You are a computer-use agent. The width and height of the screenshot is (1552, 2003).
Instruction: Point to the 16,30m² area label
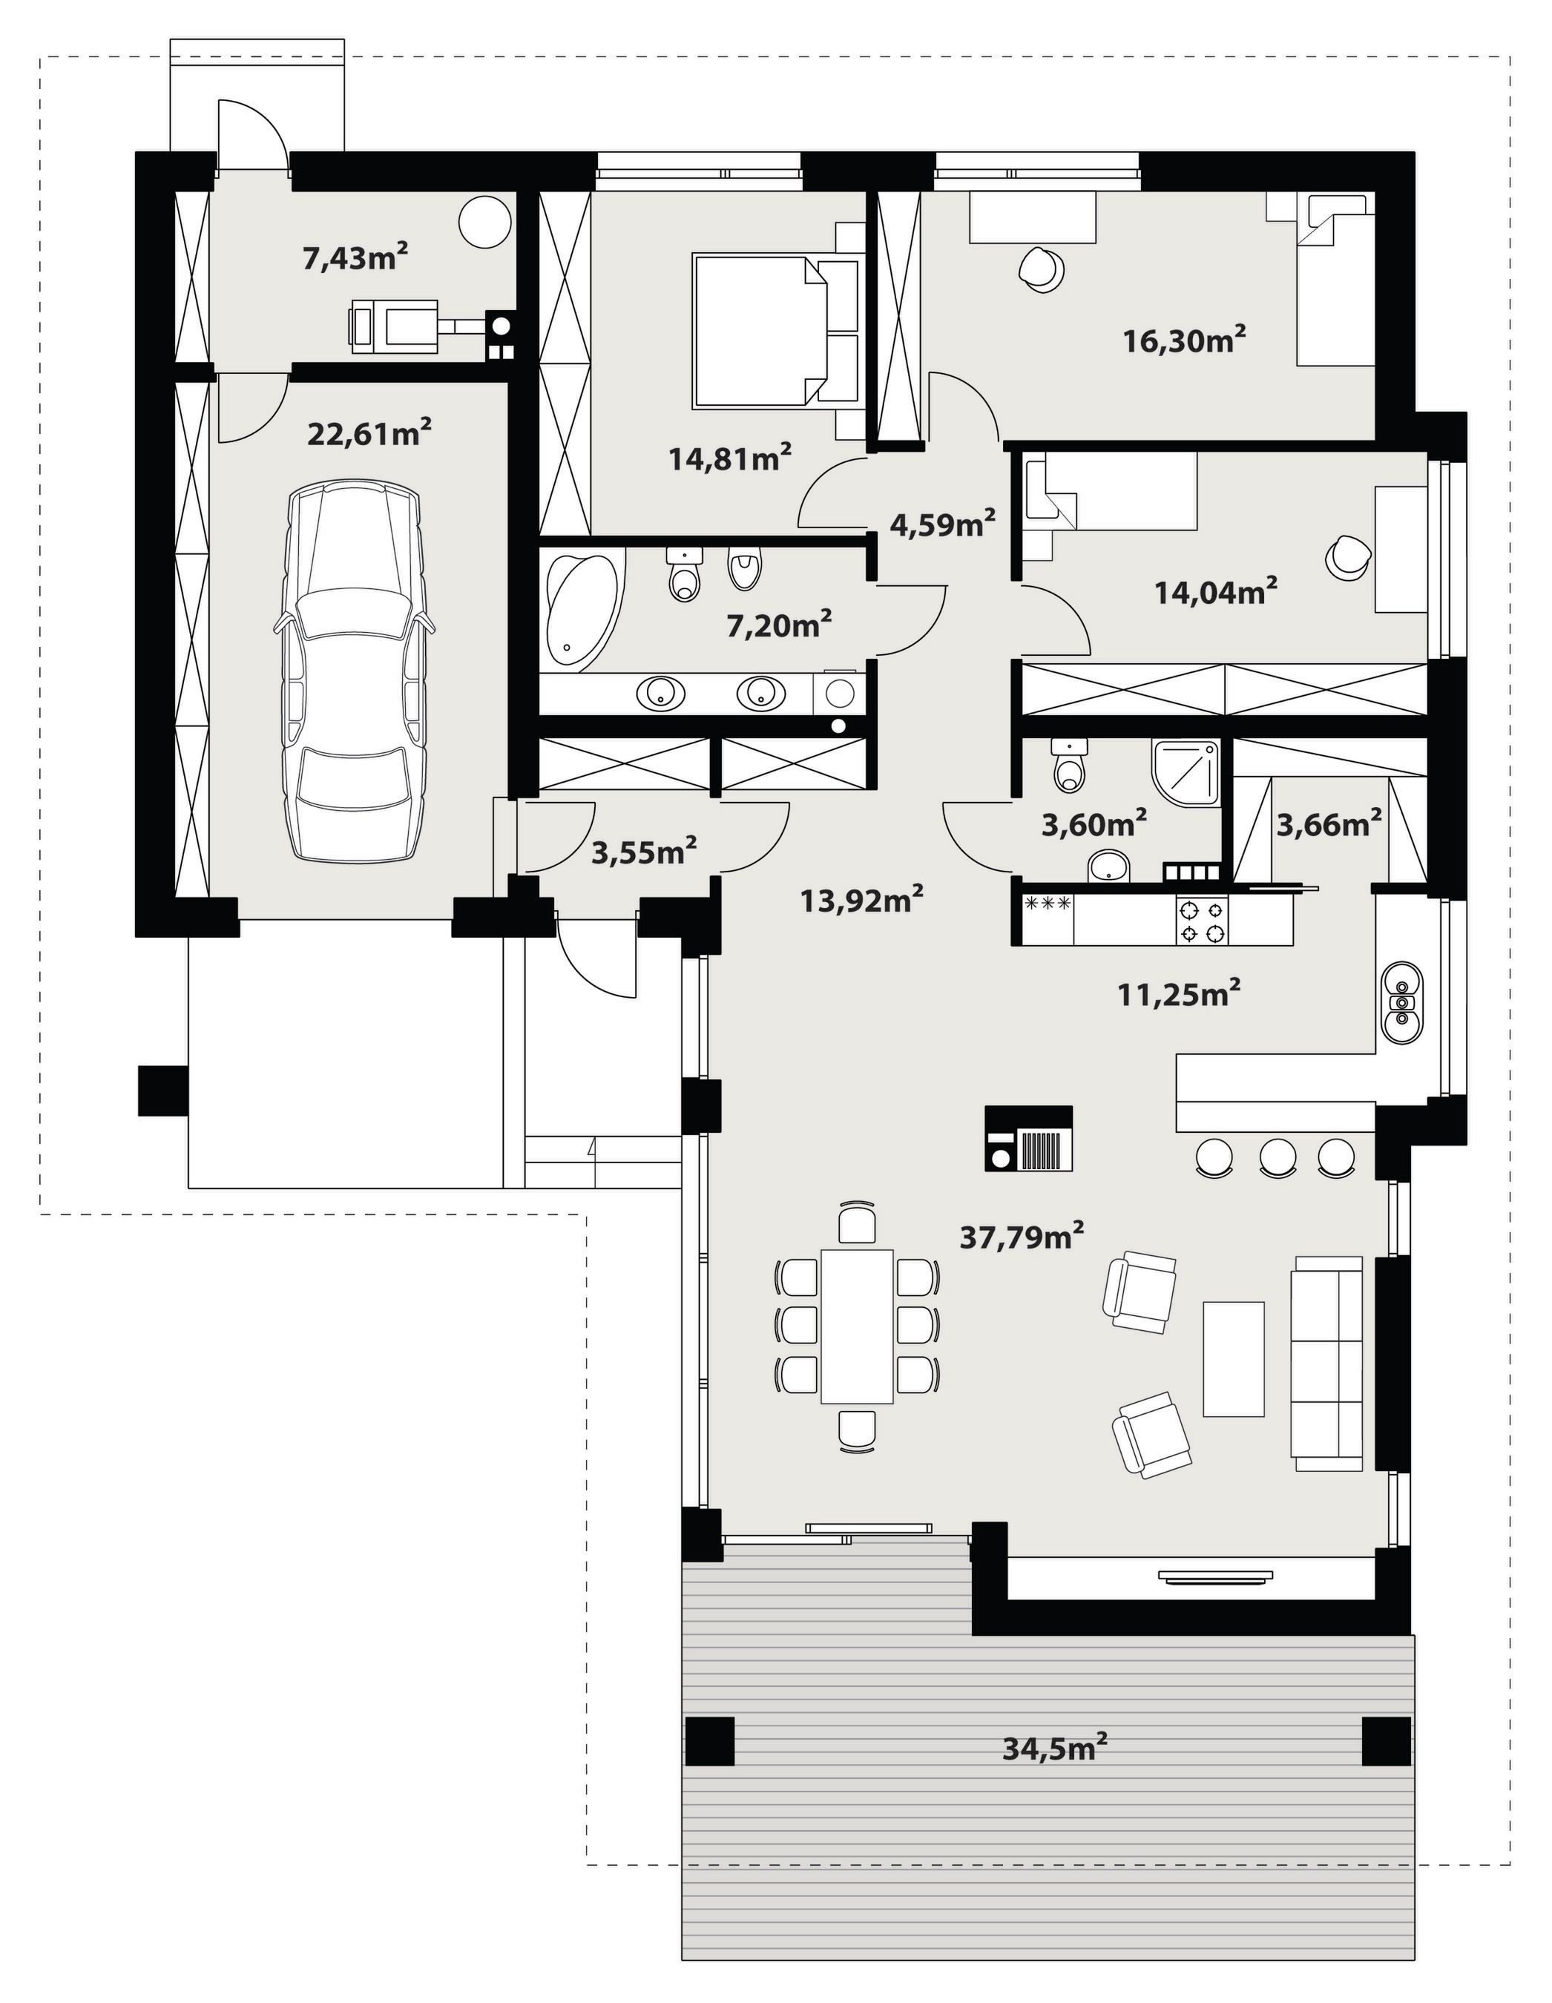(1184, 341)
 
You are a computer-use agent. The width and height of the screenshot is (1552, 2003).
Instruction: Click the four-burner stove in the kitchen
(1202, 921)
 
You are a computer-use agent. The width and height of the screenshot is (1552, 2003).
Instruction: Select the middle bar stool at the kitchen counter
(1277, 1157)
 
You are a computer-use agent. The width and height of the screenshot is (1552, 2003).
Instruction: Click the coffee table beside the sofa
(1233, 1359)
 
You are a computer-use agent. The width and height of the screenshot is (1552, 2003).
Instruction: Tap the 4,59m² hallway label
(943, 524)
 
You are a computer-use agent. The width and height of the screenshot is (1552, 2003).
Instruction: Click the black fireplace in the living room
(1028, 1138)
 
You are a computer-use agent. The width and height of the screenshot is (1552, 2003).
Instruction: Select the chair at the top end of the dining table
(857, 1224)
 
